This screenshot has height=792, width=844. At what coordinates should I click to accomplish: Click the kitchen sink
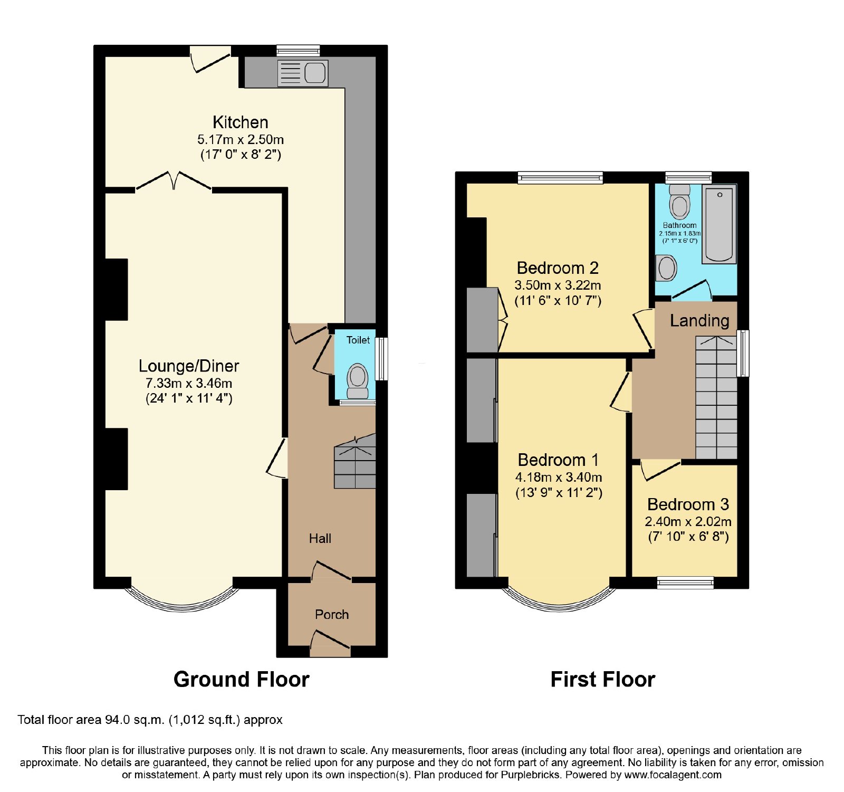pyautogui.click(x=303, y=73)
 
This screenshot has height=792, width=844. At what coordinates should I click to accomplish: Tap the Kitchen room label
pyautogui.click(x=241, y=122)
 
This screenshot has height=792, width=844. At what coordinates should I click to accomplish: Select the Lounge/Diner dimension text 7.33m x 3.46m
pyautogui.click(x=189, y=384)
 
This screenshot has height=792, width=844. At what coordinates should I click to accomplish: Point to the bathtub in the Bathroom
pyautogui.click(x=719, y=224)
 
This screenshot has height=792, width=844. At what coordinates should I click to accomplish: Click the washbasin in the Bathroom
pyautogui.click(x=666, y=268)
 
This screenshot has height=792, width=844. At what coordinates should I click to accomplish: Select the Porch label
pyautogui.click(x=332, y=615)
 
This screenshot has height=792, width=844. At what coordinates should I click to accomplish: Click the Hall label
pyautogui.click(x=320, y=539)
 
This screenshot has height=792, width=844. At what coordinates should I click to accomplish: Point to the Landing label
pyautogui.click(x=699, y=321)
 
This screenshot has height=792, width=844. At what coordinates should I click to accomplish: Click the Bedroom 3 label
pyautogui.click(x=688, y=504)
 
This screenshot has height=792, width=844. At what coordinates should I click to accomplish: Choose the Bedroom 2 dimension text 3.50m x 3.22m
pyautogui.click(x=558, y=285)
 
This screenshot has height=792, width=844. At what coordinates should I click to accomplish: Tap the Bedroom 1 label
pyautogui.click(x=558, y=460)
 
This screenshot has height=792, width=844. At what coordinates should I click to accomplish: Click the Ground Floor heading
pyautogui.click(x=242, y=680)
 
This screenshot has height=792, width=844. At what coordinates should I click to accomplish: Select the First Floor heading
pyautogui.click(x=603, y=680)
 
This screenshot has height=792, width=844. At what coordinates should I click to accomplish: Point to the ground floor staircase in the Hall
pyautogui.click(x=355, y=461)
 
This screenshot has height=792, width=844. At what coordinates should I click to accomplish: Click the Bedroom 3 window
pyautogui.click(x=685, y=583)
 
